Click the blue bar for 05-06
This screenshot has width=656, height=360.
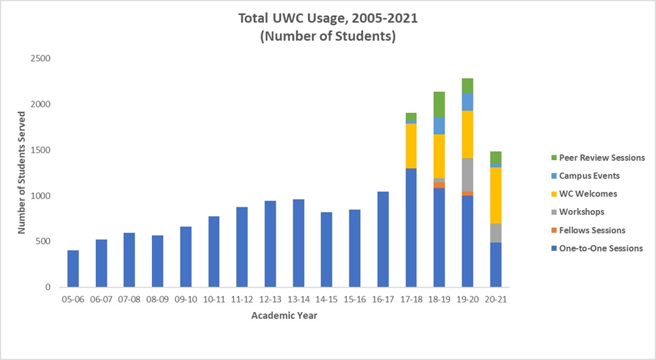73,269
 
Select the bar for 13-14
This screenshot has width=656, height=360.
298,244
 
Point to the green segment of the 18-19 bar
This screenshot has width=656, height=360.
439,104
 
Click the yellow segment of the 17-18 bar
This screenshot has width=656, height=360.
411,146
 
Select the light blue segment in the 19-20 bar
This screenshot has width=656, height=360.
467,102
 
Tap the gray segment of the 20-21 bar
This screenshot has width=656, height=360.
495,233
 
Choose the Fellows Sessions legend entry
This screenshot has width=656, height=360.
592,231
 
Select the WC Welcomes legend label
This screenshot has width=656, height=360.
588,194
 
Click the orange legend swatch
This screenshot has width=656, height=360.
553,231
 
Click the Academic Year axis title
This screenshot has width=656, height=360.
284,316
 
